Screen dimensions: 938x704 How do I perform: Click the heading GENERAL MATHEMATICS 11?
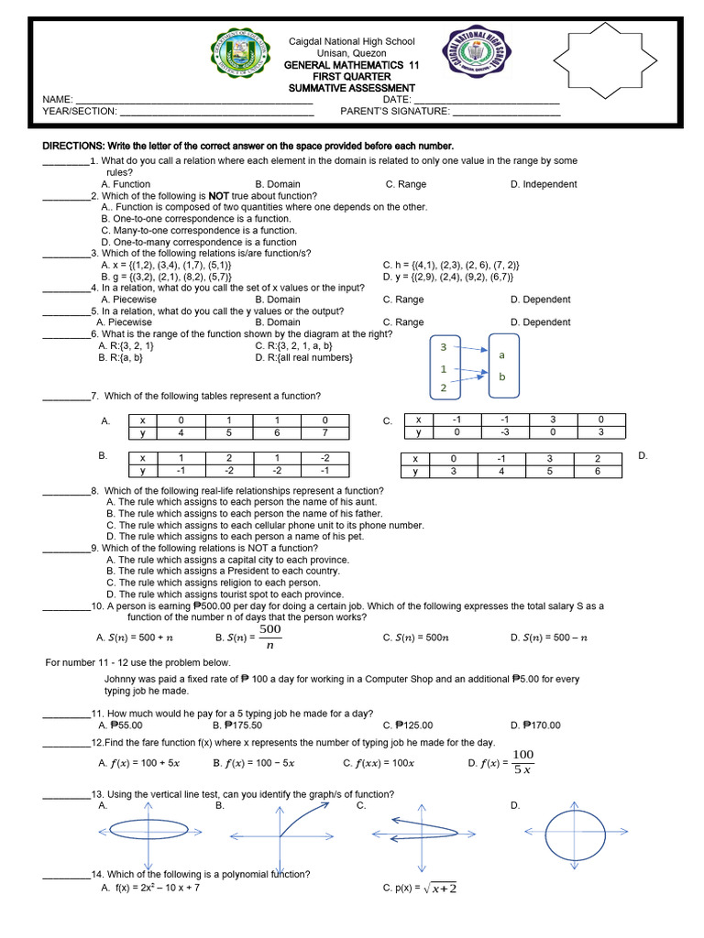(338, 66)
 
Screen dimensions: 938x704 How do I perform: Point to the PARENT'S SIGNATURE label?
(395, 111)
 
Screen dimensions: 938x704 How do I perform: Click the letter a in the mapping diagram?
(501, 354)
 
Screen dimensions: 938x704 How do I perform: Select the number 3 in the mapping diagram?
(443, 347)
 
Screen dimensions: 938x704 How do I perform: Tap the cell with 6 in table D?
(597, 472)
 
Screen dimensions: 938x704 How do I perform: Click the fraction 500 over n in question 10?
(269, 637)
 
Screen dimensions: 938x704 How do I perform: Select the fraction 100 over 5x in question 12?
(522, 761)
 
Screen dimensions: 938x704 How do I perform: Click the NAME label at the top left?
(57, 99)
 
